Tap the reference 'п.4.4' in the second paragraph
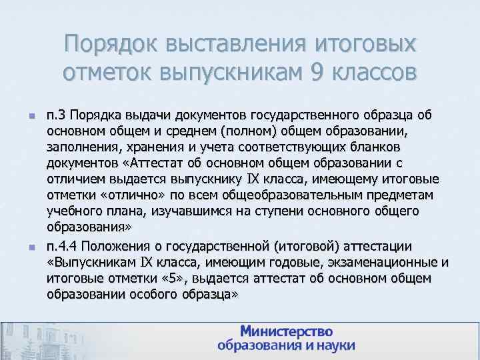[x=64, y=246]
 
